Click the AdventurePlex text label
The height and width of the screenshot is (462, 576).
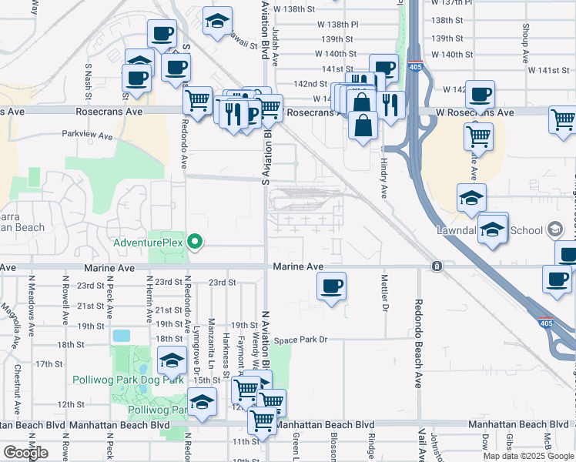click(147, 243)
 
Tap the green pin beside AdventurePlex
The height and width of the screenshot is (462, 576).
click(196, 243)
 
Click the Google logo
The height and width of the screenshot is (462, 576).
click(25, 452)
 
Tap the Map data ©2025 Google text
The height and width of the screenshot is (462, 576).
click(528, 456)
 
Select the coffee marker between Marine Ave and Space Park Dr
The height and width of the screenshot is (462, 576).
click(332, 287)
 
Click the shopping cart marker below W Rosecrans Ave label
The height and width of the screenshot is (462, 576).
click(479, 137)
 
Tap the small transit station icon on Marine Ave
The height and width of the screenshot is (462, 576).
click(437, 266)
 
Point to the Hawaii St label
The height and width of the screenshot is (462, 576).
click(241, 43)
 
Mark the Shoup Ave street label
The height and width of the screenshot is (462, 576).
click(525, 42)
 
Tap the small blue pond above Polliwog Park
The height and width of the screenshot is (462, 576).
click(121, 336)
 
